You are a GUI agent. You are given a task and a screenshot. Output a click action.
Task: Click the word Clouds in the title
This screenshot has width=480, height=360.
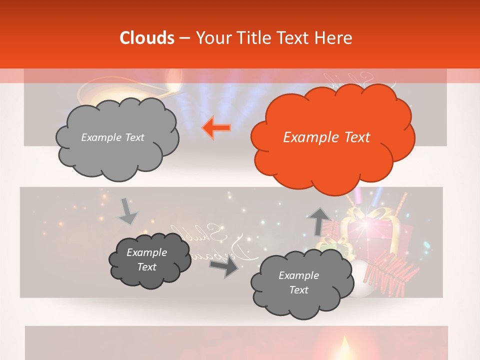[147, 38]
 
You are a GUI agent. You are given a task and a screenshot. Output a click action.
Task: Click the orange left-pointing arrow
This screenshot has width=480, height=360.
[216, 128]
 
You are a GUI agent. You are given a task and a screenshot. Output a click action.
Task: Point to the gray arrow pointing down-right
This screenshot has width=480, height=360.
[128, 211]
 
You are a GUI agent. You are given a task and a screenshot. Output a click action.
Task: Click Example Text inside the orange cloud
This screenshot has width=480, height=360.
[326, 137]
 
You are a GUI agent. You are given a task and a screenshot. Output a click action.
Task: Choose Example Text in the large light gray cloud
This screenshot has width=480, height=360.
[112, 137]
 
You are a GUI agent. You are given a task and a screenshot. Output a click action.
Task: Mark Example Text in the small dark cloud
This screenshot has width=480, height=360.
[146, 259]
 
